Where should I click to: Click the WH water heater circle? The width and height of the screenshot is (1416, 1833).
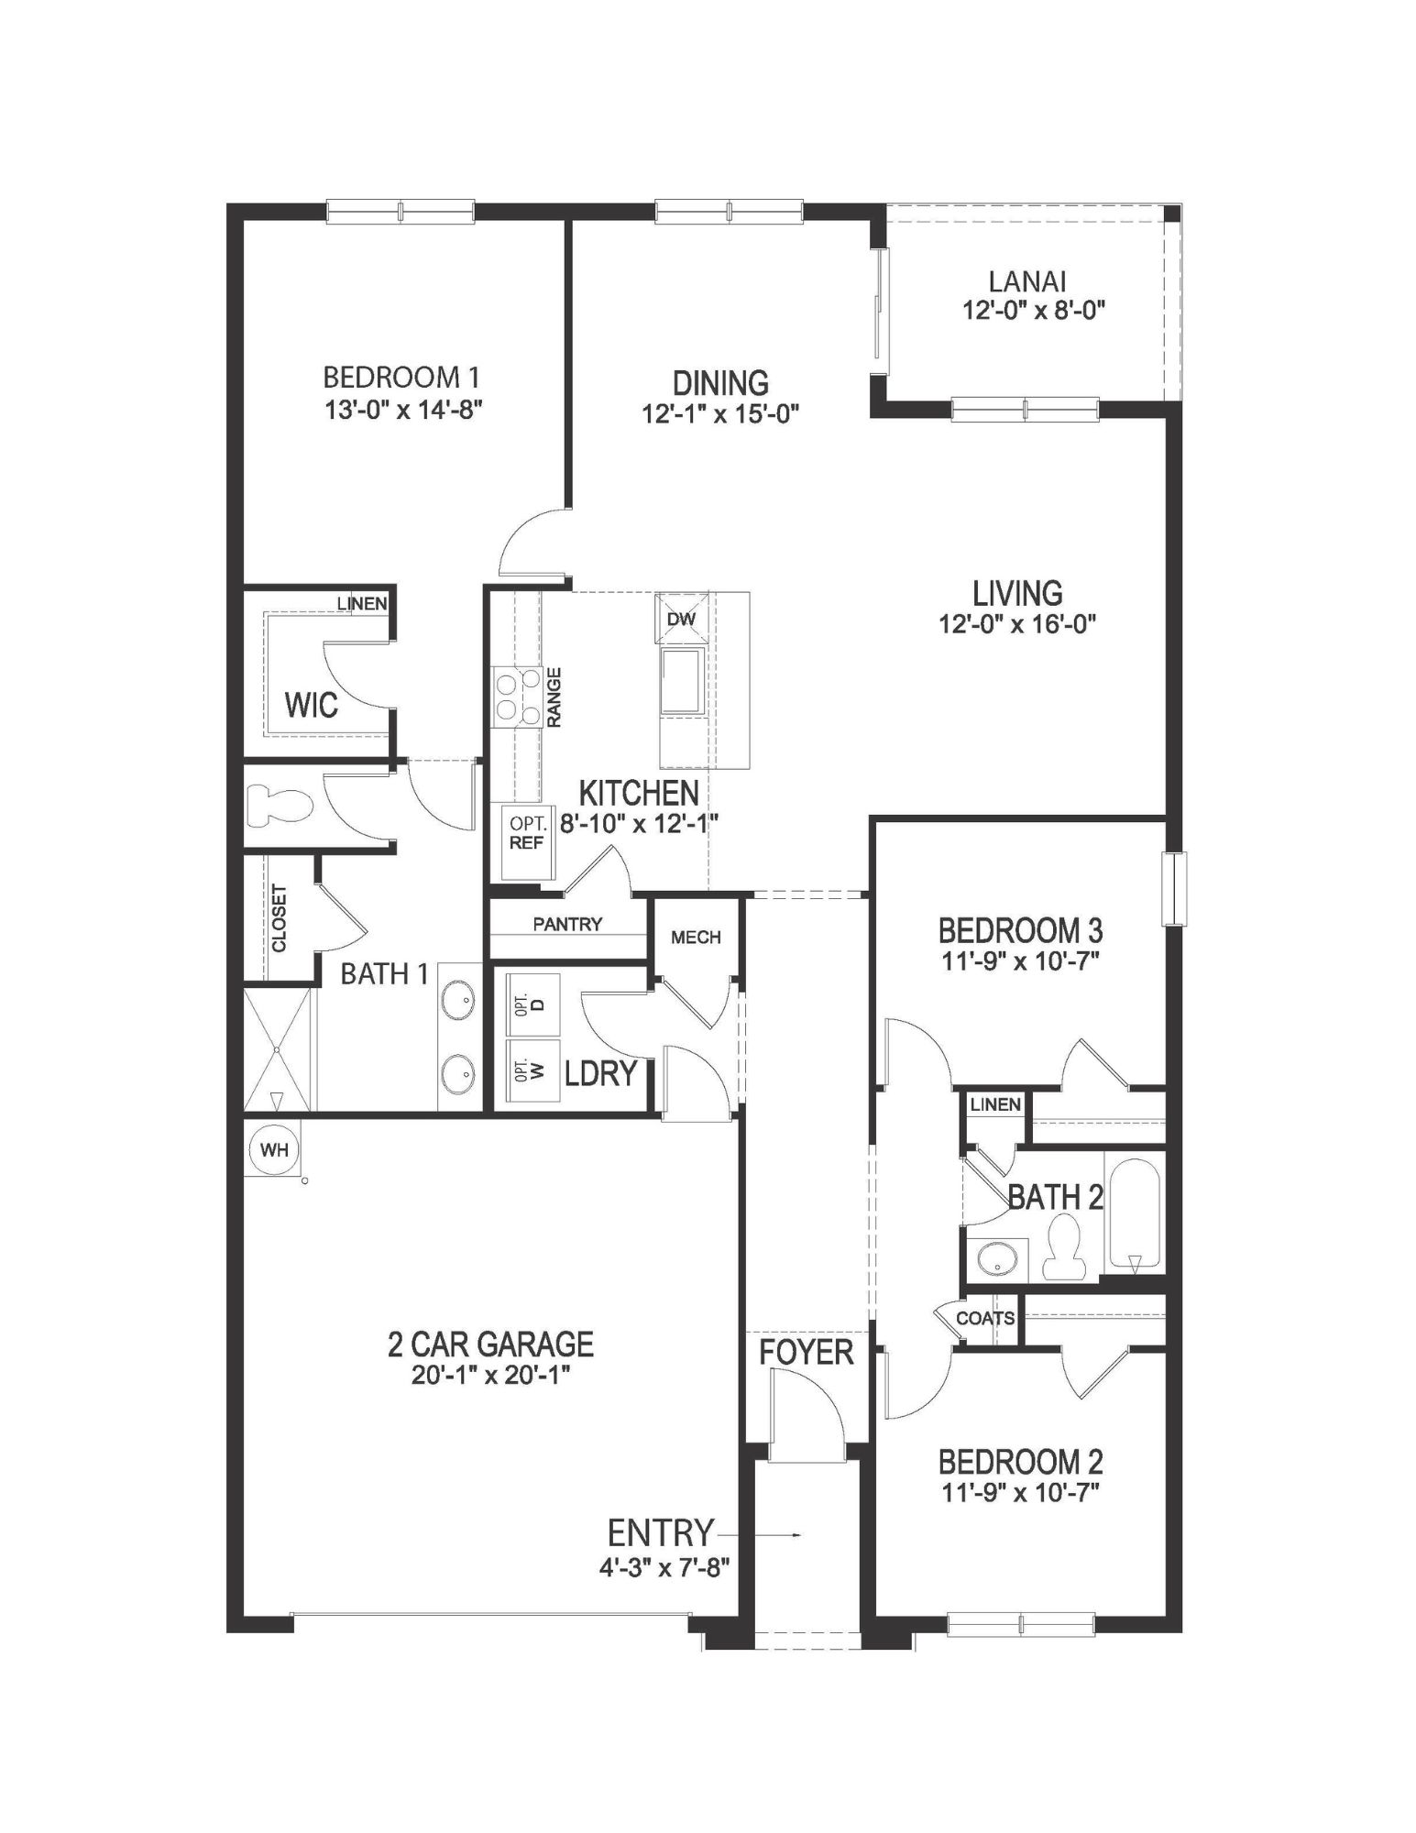274,1149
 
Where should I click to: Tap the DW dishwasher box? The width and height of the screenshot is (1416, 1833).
682,618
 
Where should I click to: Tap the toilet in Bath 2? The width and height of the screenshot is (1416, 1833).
1064,1247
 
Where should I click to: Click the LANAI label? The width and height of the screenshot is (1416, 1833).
1027,281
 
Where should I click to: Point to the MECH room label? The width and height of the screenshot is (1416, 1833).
696,938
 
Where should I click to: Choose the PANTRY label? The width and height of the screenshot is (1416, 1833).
567,924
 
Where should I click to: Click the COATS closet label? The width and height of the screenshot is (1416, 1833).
985,1318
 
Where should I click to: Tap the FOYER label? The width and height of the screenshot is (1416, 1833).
806,1352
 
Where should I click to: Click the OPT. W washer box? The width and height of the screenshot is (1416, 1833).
529,1070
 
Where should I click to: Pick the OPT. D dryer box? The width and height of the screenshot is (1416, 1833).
529,1004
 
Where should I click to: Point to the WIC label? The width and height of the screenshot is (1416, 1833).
311,705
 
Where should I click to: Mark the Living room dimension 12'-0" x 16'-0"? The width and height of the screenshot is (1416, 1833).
1017,624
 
